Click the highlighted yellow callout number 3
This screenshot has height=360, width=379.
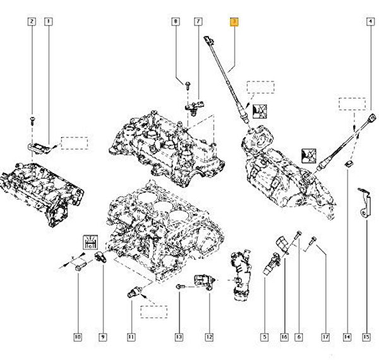click(x=234, y=22)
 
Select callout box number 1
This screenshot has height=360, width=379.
click(x=48, y=22)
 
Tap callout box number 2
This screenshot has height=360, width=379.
click(x=31, y=22)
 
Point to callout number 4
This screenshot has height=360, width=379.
click(x=370, y=22)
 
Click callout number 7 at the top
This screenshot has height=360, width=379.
click(x=197, y=22)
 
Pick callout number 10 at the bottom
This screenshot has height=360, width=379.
click(x=77, y=337)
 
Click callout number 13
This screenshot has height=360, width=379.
click(x=179, y=337)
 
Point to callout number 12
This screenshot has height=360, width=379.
click(x=209, y=337)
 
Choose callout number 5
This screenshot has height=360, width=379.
click(x=265, y=337)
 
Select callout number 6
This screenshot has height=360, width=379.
click(x=298, y=337)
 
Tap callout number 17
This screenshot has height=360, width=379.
click(x=327, y=337)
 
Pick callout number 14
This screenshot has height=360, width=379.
click(x=347, y=337)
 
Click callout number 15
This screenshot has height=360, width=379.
click(x=366, y=337)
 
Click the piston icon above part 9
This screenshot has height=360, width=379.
click(x=90, y=241)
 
